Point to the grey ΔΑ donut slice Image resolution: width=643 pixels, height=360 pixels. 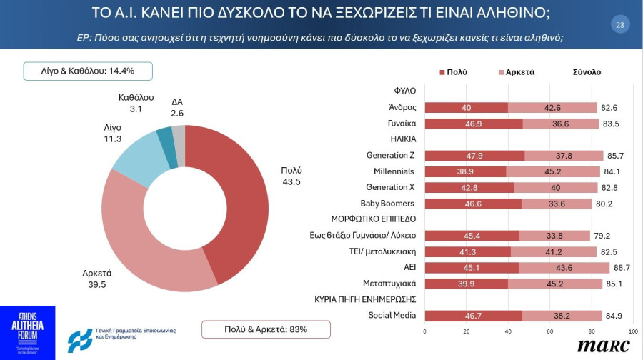coord(179,134)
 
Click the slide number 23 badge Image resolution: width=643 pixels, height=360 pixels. coord(619,25)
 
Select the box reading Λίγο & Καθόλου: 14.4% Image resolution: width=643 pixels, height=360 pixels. coord(89,71)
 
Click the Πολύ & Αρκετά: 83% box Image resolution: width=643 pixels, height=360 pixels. coord(265,329)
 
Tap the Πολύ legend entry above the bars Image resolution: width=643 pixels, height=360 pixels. coord(452,72)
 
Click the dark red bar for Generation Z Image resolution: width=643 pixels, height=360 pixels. coord(474,156)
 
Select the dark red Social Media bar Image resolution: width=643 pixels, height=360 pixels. coord(473,315)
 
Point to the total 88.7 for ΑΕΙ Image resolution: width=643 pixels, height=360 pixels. coord(622,267)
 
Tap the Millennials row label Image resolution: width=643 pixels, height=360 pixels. coord(394,171)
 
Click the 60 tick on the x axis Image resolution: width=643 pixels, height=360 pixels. coord(549,332)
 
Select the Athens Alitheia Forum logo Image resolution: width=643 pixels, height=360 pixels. coord(27,332)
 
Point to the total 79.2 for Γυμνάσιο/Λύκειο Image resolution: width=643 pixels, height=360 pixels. coord(602,235)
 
